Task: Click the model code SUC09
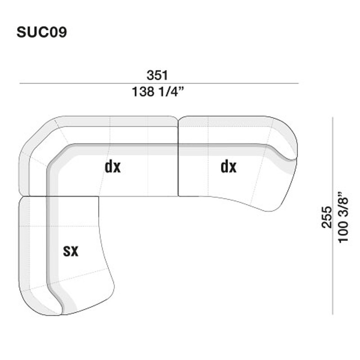pos(41,32)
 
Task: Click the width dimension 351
pos(157,75)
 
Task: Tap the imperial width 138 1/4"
pos(158,92)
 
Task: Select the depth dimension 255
pos(327,217)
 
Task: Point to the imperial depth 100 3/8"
pos(343,217)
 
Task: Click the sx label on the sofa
pos(71,251)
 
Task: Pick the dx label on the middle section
pos(112,166)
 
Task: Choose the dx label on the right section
pos(229,166)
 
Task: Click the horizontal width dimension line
pos(159,83)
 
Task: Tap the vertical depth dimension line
pos(333,216)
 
